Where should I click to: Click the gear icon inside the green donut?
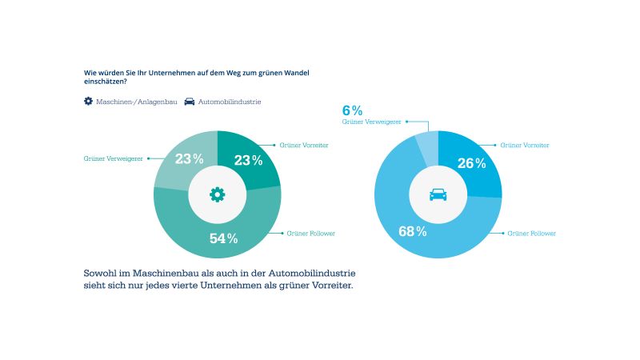click(x=217, y=194)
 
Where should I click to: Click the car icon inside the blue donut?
click(x=438, y=194)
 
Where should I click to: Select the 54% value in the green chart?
click(x=224, y=238)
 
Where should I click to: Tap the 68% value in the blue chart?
click(x=413, y=232)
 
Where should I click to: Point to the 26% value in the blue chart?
click(x=471, y=163)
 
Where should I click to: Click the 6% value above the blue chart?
click(x=352, y=110)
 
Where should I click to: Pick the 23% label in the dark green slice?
click(x=248, y=160)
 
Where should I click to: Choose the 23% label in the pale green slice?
click(x=189, y=158)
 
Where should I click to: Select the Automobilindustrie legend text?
click(x=230, y=102)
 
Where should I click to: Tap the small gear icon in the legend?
click(x=89, y=102)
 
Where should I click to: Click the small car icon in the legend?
click(x=190, y=102)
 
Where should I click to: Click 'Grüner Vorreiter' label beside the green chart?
click(x=304, y=145)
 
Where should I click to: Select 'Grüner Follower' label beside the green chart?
click(x=311, y=233)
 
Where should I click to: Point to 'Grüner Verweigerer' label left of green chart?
click(x=113, y=158)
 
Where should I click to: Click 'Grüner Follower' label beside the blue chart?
click(x=532, y=233)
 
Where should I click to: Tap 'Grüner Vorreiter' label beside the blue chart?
click(x=525, y=145)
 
